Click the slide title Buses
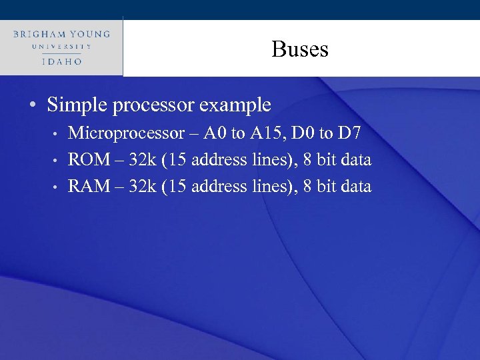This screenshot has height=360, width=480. point(300,49)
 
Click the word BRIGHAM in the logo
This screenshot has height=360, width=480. point(42,33)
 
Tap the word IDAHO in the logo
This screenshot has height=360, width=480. point(61,61)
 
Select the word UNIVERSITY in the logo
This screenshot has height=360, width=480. point(61,47)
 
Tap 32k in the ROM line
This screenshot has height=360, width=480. point(141,160)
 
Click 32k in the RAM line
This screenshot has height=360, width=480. point(141,186)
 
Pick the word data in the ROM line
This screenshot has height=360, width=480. point(355,160)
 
